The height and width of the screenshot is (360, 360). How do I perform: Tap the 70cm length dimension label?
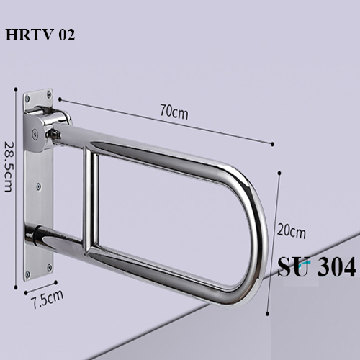[174, 112]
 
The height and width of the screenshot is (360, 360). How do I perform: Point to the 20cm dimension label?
[291, 232]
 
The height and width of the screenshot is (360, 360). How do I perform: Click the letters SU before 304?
[293, 268]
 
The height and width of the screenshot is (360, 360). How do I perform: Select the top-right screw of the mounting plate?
[48, 93]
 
